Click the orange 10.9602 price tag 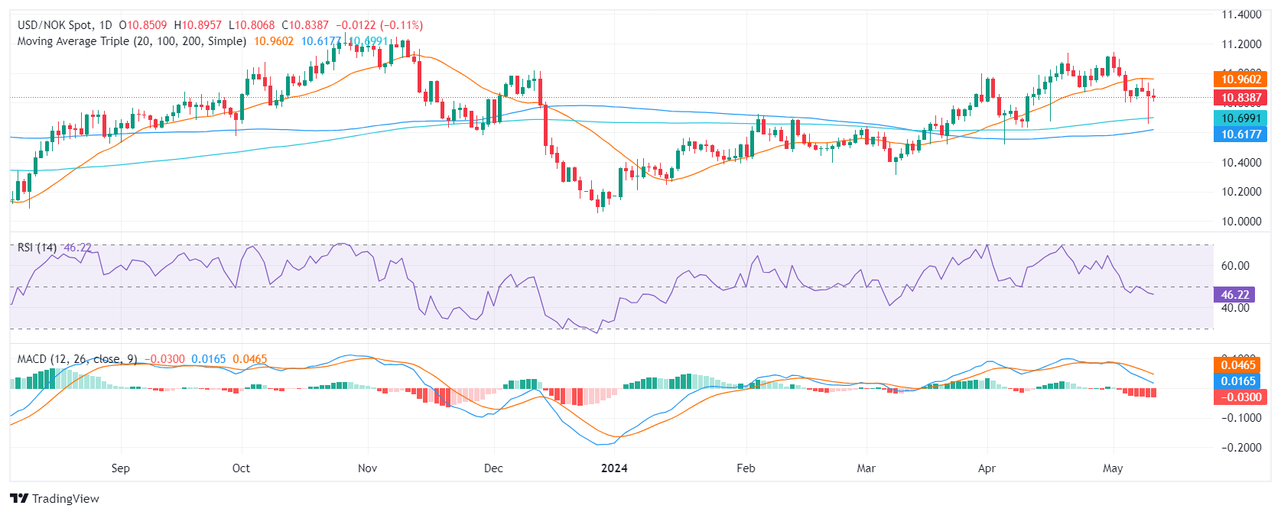coord(1240,79)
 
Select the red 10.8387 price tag coord(1240,98)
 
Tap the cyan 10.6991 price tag coord(1240,118)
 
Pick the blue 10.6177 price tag coord(1240,134)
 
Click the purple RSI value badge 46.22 coord(1234,295)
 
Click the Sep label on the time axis coord(121,468)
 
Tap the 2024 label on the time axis coord(614,468)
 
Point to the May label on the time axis coord(1113,468)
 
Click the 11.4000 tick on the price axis coord(1240,15)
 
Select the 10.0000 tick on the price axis coord(1240,222)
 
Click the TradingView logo coord(55,499)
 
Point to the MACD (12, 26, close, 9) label coord(77,359)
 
